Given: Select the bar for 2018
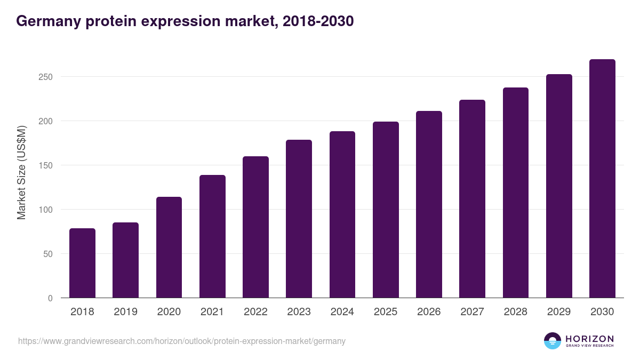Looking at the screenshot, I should pos(82,263).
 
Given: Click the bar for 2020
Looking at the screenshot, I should pos(169,247).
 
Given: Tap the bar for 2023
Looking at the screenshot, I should pos(299,219).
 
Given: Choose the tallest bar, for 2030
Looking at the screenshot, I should pos(602,179).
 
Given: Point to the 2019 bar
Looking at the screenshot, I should pos(125,260).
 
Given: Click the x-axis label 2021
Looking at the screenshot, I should pos(212,311).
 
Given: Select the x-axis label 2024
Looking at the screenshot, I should pos(342,311).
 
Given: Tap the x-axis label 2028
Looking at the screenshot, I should pos(515,311).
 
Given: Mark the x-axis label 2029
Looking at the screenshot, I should pos(558,311).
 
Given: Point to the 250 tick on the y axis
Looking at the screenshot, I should pos(46,77).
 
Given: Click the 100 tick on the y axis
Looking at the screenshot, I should pos(46,210).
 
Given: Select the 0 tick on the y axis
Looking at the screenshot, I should pos(50,298).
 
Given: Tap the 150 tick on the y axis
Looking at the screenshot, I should pos(46,165).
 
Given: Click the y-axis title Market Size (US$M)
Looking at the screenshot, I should pos(21,173).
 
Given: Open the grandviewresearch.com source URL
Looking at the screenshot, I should pos(182,341).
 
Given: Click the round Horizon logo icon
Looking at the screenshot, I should pos(553,341).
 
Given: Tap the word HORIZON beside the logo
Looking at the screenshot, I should pos(589,338).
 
